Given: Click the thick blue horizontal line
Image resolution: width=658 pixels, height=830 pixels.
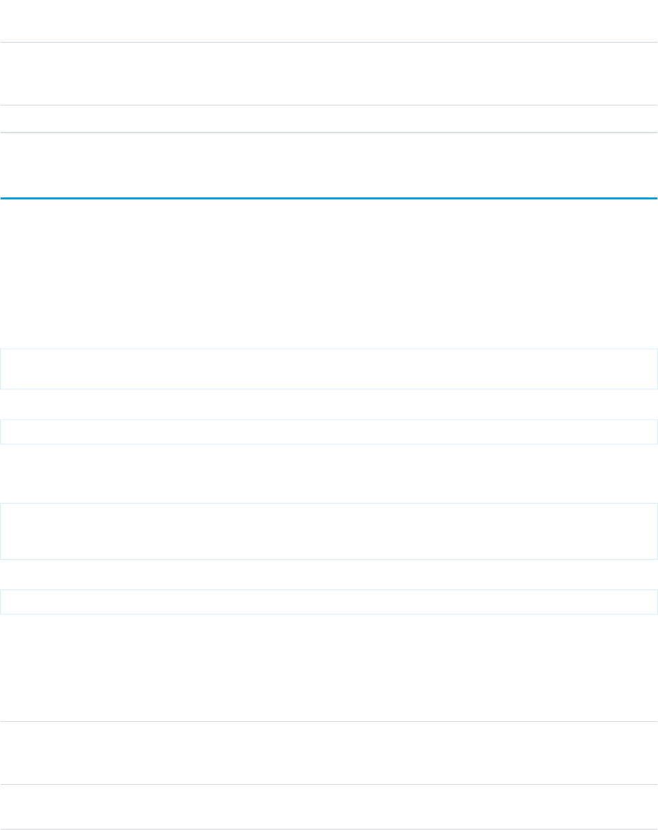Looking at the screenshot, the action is (328, 198).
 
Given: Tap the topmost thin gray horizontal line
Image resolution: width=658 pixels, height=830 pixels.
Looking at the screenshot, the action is (328, 43).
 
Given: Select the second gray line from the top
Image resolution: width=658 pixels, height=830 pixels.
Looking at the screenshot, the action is (328, 105).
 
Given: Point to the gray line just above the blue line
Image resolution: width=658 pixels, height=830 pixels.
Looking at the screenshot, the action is (328, 132).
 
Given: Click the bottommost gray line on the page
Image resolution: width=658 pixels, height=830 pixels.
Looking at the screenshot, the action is (328, 829).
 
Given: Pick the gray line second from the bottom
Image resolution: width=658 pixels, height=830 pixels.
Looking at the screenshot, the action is (328, 784).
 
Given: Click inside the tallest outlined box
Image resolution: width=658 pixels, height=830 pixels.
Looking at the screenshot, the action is (328, 531).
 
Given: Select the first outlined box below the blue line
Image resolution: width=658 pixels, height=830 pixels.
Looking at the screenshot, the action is (328, 368).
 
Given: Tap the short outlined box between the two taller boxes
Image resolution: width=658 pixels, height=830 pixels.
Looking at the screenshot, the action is (328, 431).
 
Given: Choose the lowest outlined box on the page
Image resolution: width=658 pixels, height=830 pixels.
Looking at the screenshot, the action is (328, 602).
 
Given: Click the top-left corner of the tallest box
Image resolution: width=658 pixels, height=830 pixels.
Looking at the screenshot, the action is (1, 503).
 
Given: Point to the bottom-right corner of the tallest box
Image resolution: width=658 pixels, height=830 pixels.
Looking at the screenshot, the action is (657, 559).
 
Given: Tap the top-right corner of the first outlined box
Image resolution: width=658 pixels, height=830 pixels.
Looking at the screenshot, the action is (657, 349).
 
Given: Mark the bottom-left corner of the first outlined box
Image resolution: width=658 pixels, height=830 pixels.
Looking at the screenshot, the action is (1, 389).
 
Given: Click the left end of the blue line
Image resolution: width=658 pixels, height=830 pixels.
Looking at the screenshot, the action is (1, 198).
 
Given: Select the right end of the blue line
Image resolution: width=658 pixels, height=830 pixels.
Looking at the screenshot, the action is (656, 198).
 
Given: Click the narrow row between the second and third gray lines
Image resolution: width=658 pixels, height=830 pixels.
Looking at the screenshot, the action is (328, 119).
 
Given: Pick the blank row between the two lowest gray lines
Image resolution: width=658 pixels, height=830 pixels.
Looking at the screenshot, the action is (328, 806).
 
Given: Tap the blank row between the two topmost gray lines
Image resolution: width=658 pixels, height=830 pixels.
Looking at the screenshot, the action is (328, 74).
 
